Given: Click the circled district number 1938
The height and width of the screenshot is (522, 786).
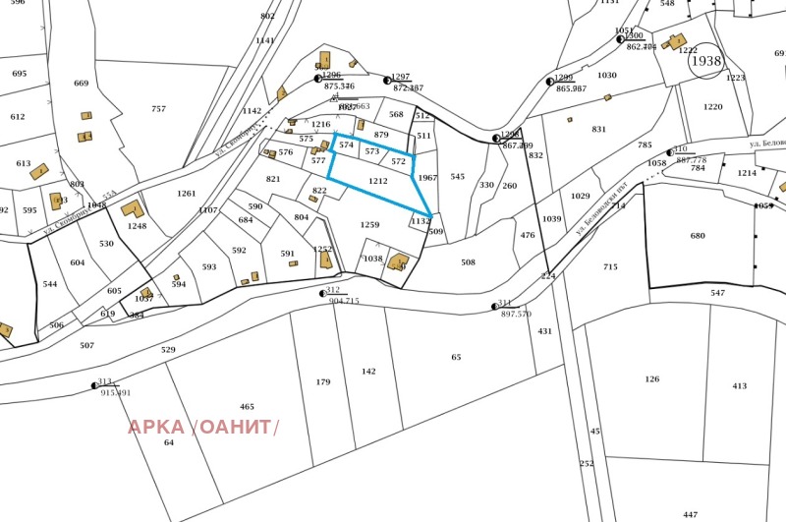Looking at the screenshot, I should (705, 61).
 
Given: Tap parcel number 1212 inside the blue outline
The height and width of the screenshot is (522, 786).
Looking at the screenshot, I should (378, 182).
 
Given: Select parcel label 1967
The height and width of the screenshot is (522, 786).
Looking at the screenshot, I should (426, 178).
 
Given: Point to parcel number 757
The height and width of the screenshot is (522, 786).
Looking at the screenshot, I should (158, 109).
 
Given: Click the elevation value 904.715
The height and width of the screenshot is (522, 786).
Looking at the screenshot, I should (344, 301).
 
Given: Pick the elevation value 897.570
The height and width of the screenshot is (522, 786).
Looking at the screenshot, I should (516, 314).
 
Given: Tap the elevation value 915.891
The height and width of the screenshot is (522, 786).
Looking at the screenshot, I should (113, 393).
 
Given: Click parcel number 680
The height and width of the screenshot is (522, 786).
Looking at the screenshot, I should (698, 236).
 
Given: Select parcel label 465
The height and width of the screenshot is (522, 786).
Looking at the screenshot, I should (247, 406).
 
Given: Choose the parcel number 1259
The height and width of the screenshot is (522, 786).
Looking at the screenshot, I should (369, 225).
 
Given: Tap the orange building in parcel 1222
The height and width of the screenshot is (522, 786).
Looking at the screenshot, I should (675, 41).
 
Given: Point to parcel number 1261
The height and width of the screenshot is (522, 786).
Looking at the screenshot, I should (187, 194).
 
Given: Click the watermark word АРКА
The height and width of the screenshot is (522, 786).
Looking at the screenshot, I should (155, 427).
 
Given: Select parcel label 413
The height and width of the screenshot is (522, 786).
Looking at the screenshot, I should (739, 386).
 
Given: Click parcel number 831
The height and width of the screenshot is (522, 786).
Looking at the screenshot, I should (598, 130).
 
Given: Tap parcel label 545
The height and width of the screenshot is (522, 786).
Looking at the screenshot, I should (457, 177).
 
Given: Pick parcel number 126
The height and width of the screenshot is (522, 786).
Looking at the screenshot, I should (652, 379).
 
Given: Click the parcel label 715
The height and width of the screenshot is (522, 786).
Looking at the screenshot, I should (610, 267).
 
